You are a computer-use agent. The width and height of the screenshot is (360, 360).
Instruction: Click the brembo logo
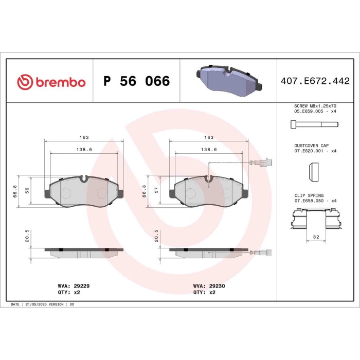[x=51, y=82]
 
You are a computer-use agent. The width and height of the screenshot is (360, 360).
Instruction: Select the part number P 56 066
[x=136, y=82]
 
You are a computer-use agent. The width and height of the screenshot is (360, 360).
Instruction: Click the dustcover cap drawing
[x=312, y=172]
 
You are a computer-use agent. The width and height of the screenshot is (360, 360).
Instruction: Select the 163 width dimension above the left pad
[x=84, y=137]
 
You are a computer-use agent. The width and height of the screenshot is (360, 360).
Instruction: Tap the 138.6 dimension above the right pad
[x=209, y=149]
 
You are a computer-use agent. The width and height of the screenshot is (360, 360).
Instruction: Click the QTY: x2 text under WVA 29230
[x=204, y=292]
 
